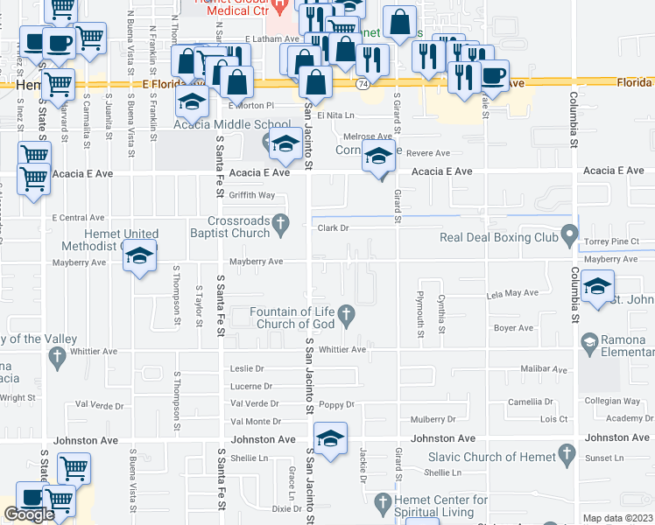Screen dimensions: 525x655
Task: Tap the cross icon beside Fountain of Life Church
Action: tap(347, 312)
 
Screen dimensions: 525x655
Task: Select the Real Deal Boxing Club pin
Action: tap(569, 237)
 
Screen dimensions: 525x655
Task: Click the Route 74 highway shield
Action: tap(362, 84)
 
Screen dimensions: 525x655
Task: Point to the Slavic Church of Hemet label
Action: tap(491, 457)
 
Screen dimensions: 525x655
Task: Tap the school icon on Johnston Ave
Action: tap(329, 440)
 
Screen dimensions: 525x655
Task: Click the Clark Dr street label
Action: tap(333, 227)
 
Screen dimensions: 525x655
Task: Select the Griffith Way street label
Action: tap(252, 195)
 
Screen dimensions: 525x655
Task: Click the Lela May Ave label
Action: tap(513, 294)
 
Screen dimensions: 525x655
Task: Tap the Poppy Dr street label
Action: tap(336, 404)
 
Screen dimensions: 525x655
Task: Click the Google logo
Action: tap(29, 514)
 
